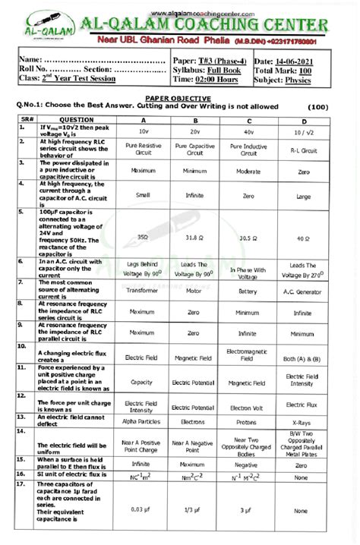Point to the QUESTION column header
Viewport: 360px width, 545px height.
tap(77, 119)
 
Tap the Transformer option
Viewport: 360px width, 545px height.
tap(143, 290)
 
